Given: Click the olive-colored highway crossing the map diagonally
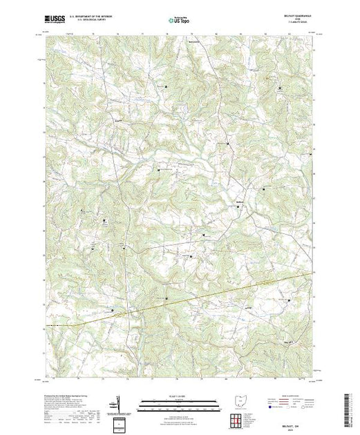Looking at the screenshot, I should click(x=207, y=294).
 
